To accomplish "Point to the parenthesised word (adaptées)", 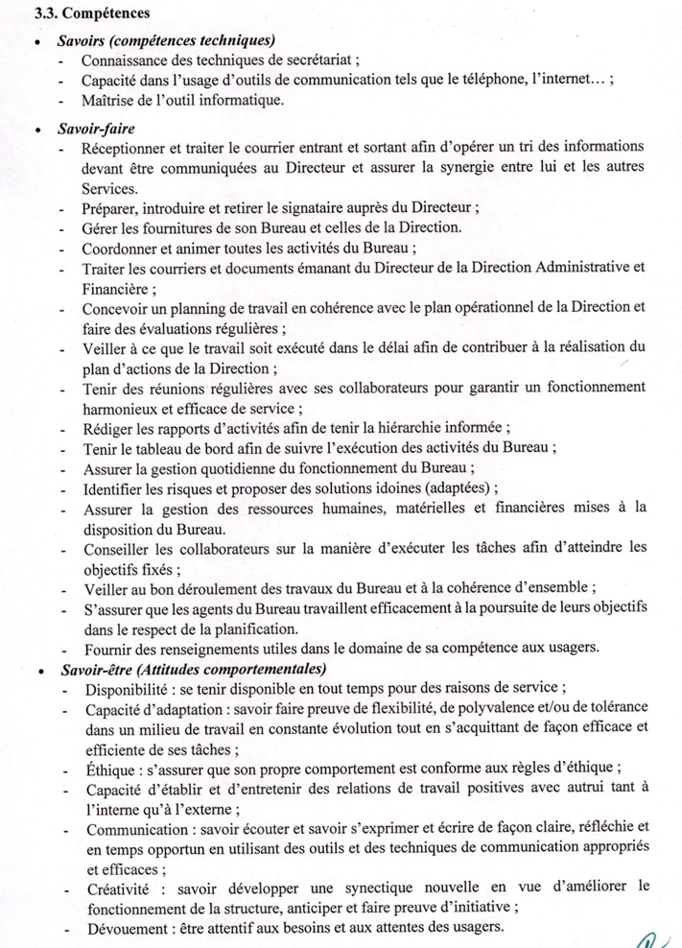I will pos(476,488).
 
